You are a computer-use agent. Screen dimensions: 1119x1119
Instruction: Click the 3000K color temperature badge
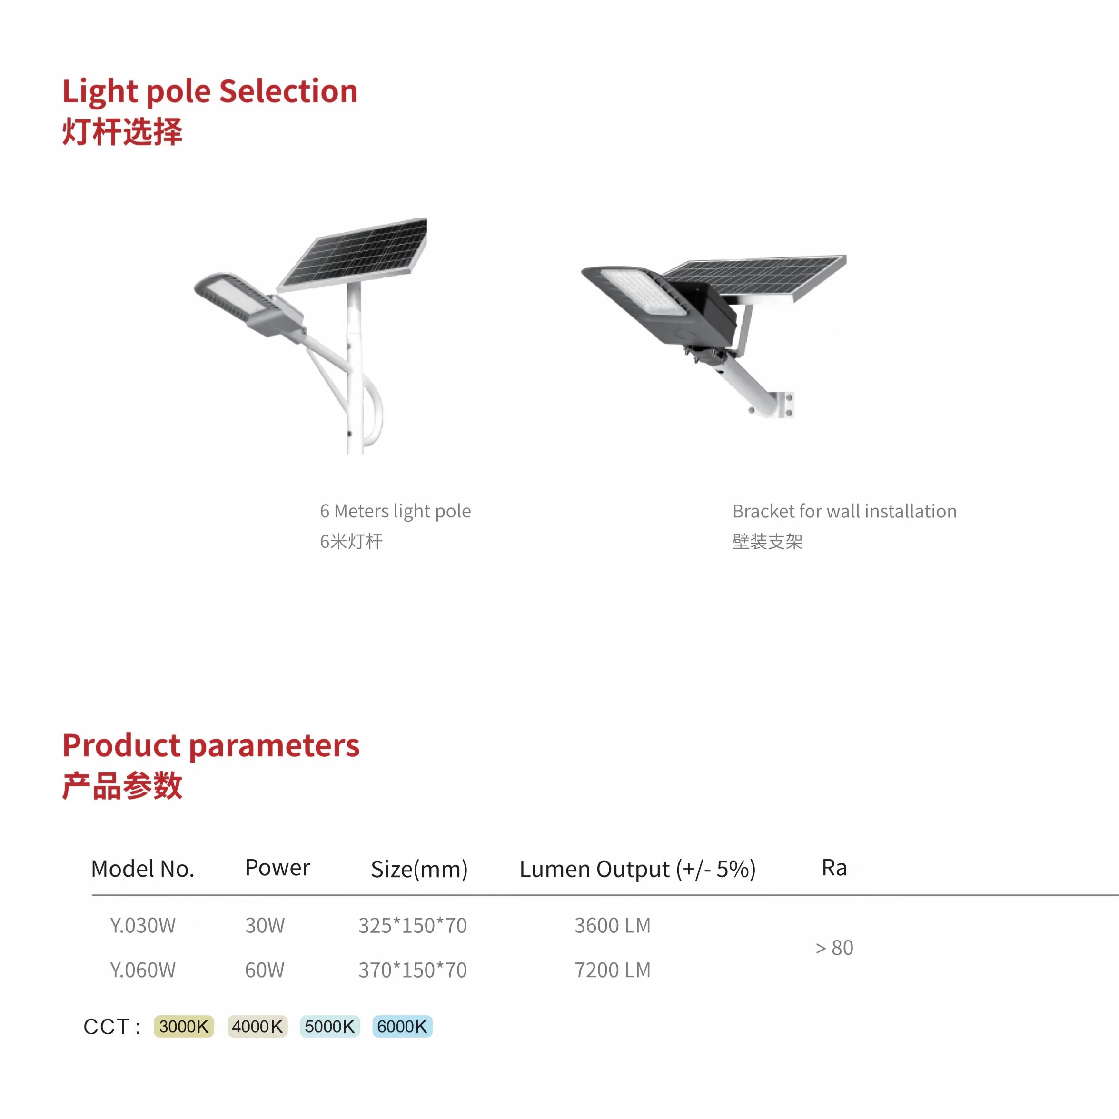pyautogui.click(x=184, y=1026)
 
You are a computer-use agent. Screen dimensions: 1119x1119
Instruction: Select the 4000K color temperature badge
pyautogui.click(x=257, y=1026)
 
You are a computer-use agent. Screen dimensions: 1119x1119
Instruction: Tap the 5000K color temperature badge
pyautogui.click(x=329, y=1026)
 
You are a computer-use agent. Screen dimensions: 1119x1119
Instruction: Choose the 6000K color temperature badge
pyautogui.click(x=402, y=1026)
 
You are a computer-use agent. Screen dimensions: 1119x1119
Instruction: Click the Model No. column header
pyautogui.click(x=142, y=869)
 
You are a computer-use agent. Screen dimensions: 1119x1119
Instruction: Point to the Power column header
pyautogui.click(x=277, y=868)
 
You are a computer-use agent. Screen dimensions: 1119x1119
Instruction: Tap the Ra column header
pyautogui.click(x=834, y=868)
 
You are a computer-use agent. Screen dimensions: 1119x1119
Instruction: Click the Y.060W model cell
pyautogui.click(x=142, y=970)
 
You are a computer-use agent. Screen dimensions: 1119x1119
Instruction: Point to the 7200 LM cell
pyautogui.click(x=613, y=970)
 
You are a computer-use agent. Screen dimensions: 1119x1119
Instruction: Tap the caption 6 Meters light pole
pyautogui.click(x=396, y=511)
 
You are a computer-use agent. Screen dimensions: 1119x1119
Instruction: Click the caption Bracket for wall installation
pyautogui.click(x=844, y=511)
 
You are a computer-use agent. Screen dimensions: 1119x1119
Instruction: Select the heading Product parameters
pyautogui.click(x=211, y=746)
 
